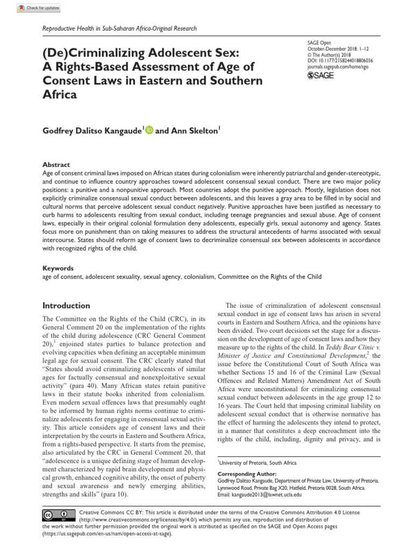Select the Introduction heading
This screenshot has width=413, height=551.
point(66,306)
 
